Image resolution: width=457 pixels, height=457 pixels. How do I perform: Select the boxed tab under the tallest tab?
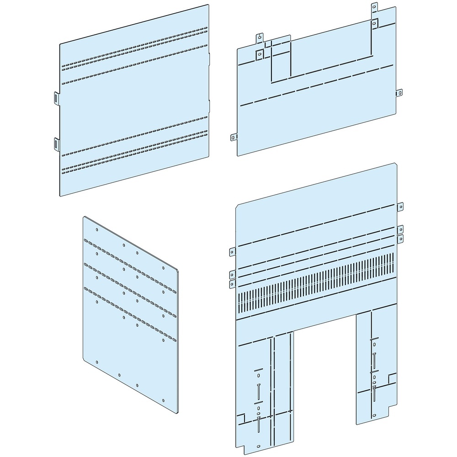[374, 22]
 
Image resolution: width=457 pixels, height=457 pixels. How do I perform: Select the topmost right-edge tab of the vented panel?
[400, 206]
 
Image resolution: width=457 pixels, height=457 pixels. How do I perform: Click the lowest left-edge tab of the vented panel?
[231, 284]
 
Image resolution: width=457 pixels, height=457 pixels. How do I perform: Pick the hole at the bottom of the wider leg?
[258, 446]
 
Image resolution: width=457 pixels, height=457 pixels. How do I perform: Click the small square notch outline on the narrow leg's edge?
[391, 378]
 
